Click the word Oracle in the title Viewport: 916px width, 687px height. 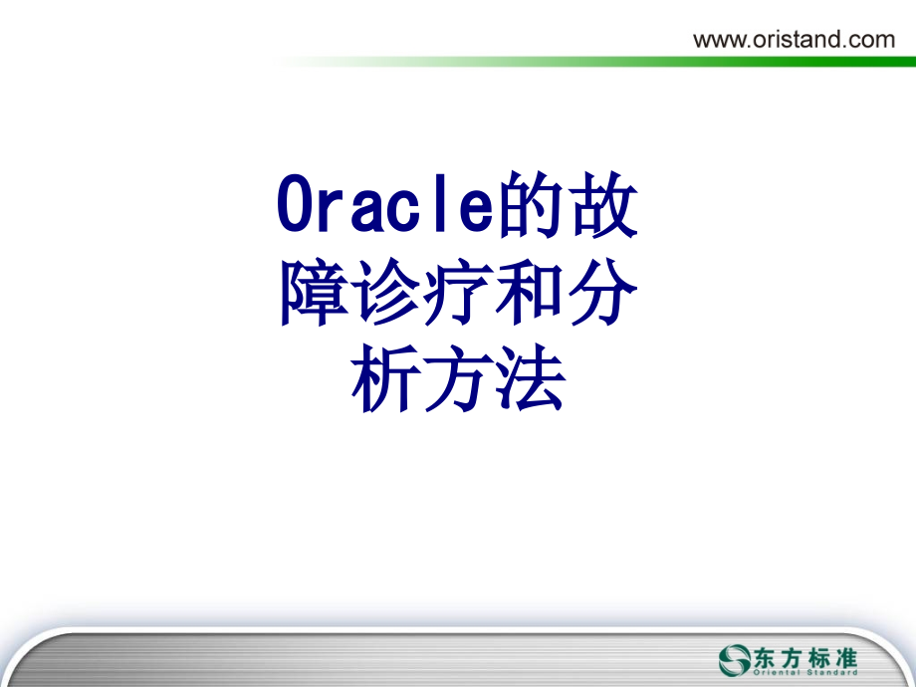384,207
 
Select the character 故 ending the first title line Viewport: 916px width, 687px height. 603,207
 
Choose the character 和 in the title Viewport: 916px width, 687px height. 530,294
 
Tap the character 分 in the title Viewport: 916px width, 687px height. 602,294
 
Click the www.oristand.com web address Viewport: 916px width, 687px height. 794,39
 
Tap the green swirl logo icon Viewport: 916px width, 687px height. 737,659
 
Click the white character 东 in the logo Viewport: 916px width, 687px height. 773,656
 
